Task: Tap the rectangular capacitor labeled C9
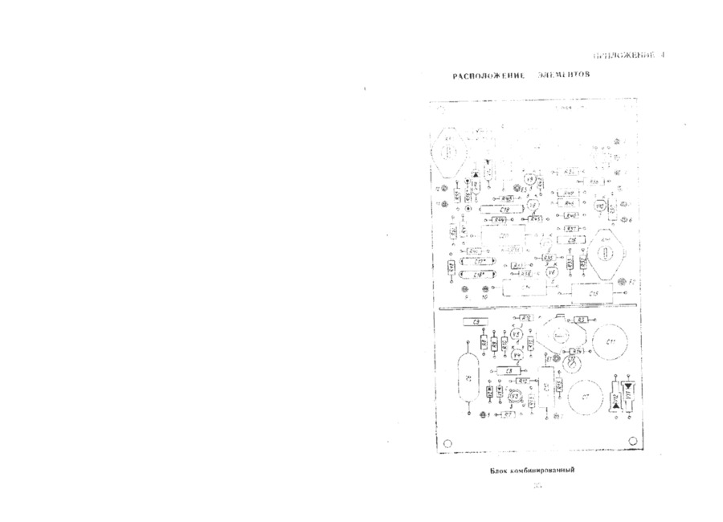coord(477,323)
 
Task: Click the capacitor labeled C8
coord(509,370)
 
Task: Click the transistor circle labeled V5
coord(517,334)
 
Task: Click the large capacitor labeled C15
coord(593,294)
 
